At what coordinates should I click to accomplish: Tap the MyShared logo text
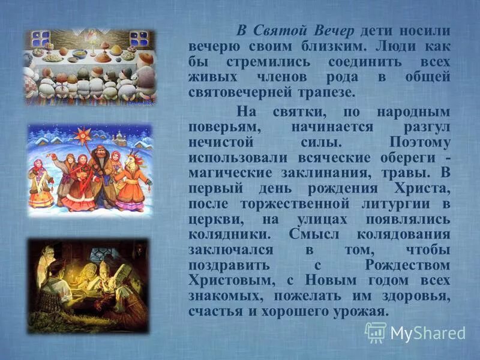tap(428, 332)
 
